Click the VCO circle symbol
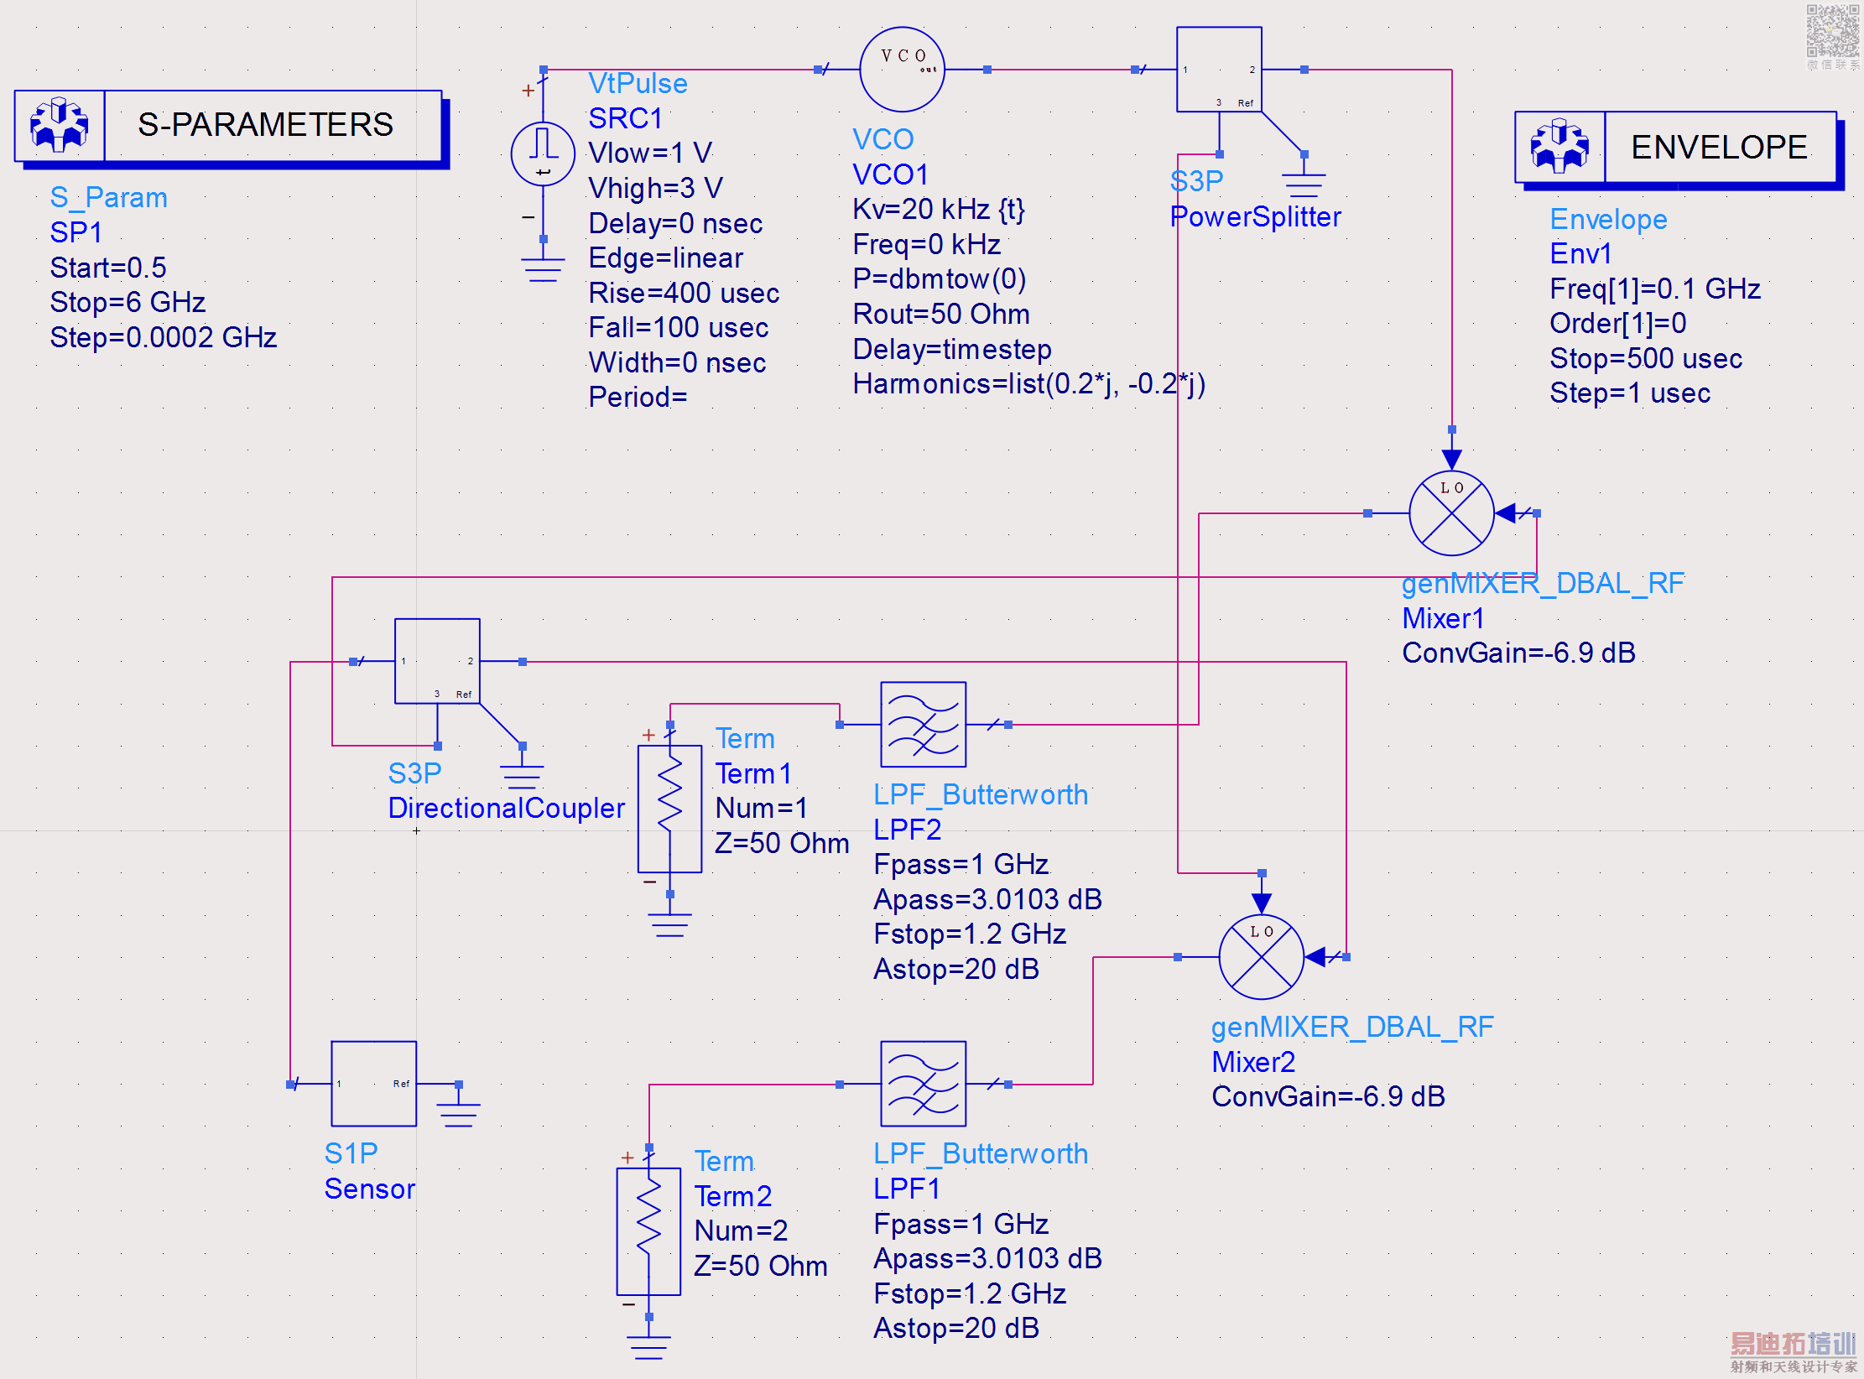point(902,70)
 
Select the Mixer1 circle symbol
point(1451,513)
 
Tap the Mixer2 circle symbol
point(1261,957)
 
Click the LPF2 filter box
point(923,725)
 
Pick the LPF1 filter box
point(923,1084)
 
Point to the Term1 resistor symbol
point(669,809)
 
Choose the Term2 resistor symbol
point(648,1231)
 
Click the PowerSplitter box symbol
point(1219,70)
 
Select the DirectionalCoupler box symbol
point(437,661)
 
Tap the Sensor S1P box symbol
point(373,1084)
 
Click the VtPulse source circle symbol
point(543,154)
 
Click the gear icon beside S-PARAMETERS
point(60,125)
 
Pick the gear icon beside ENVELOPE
point(1559,147)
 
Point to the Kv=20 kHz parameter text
point(938,209)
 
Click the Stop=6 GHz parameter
point(128,302)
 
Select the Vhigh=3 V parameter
point(655,188)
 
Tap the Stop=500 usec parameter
point(1645,358)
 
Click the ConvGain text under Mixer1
point(1518,653)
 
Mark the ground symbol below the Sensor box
point(459,1112)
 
